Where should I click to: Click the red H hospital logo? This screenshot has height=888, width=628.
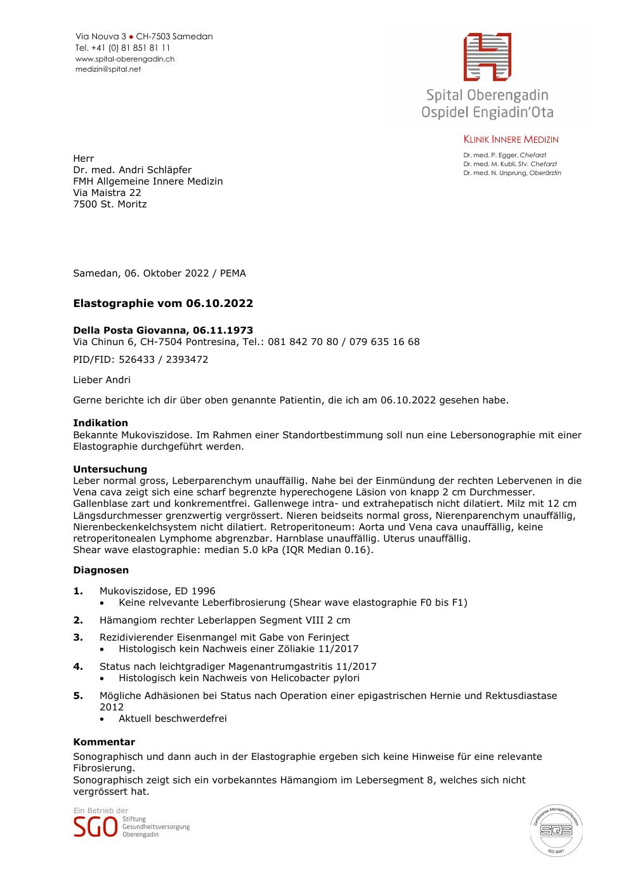pos(487,57)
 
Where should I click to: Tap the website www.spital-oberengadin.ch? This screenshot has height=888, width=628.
pos(125,59)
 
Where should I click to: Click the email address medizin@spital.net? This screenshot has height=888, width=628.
pos(108,69)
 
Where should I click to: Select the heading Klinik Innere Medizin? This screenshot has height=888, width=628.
pos(511,140)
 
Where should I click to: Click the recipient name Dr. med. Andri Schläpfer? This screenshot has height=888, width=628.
pos(132,170)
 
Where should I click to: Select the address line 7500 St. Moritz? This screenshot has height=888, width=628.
pos(110,204)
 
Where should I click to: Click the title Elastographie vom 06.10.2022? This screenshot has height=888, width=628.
pos(163,303)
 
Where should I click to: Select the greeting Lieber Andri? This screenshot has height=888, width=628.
pos(101,380)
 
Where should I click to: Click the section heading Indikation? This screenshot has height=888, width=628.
pos(100,423)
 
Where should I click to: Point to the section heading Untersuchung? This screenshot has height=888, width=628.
pos(110,469)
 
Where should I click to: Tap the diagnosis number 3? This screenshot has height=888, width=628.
pos(78,637)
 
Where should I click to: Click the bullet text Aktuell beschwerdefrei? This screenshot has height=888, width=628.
pos(173,719)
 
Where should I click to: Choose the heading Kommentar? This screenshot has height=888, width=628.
pos(104,742)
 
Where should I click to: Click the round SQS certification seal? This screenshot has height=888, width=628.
pos(556,830)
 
